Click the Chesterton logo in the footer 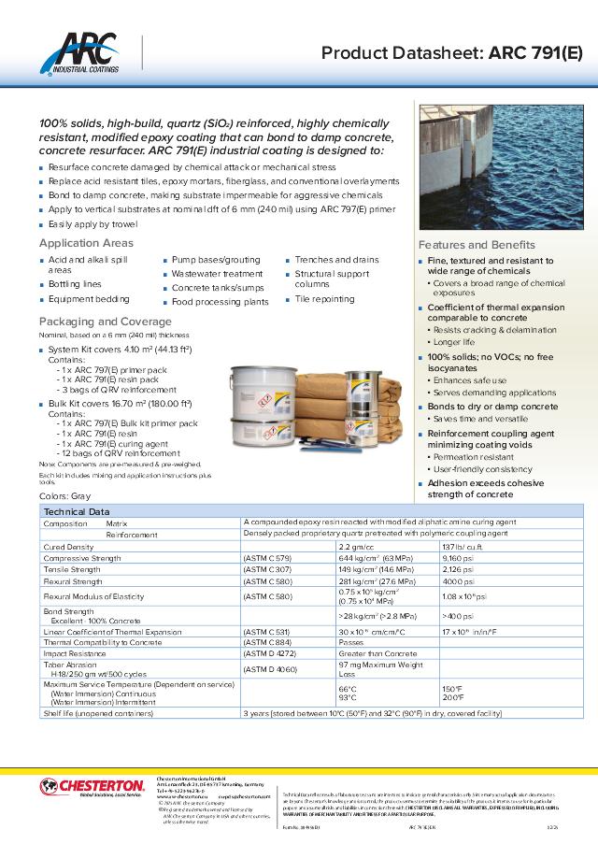click(x=93, y=786)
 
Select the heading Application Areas click(x=86, y=243)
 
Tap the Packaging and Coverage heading click(x=105, y=322)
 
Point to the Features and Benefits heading click(x=477, y=245)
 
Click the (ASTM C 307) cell click(x=267, y=568)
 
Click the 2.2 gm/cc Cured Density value click(x=356, y=546)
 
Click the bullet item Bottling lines click(x=75, y=283)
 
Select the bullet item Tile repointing click(x=324, y=299)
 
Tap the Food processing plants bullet click(x=220, y=302)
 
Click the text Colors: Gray click(x=65, y=495)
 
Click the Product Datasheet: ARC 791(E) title click(x=450, y=53)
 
